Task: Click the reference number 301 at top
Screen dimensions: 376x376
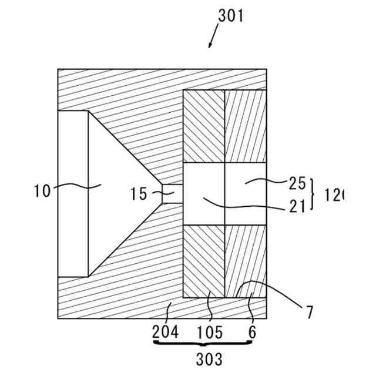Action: pyautogui.click(x=230, y=16)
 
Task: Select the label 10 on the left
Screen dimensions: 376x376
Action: pyautogui.click(x=42, y=190)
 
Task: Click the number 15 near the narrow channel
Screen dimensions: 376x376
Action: pyautogui.click(x=139, y=193)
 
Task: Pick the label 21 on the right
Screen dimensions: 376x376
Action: pyautogui.click(x=297, y=205)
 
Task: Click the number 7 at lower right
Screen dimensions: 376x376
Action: pyautogui.click(x=309, y=312)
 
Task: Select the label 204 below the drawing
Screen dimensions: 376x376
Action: pyautogui.click(x=166, y=332)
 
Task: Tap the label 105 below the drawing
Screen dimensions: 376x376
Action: pyautogui.click(x=210, y=332)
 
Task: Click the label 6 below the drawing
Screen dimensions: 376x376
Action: pyautogui.click(x=253, y=332)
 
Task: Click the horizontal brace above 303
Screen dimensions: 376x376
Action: pyautogui.click(x=203, y=344)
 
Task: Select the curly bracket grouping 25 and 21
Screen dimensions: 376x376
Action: pyautogui.click(x=313, y=193)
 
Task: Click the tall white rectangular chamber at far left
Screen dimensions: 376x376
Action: pyautogui.click(x=73, y=194)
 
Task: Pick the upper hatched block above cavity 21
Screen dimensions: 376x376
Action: pyautogui.click(x=204, y=126)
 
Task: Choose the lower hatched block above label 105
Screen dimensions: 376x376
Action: pyautogui.click(x=204, y=261)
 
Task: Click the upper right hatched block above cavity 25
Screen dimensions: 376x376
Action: pyautogui.click(x=246, y=126)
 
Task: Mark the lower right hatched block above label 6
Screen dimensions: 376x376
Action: pyautogui.click(x=246, y=261)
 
